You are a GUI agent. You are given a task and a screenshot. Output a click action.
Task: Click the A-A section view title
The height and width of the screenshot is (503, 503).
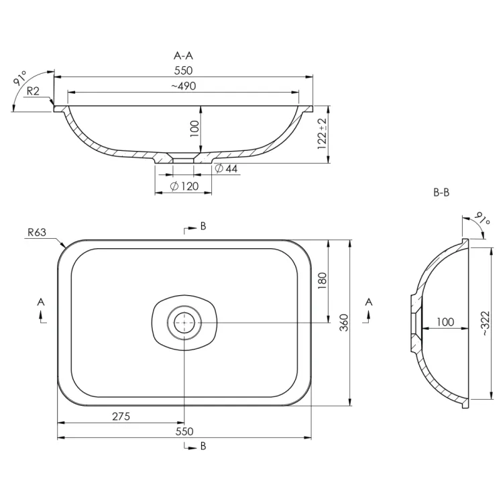[183, 56]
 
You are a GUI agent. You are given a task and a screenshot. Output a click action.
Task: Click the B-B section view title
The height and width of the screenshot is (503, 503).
[441, 192]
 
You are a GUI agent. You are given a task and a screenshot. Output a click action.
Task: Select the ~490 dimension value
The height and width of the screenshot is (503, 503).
[183, 86]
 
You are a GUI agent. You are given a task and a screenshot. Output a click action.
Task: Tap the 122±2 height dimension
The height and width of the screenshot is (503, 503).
[322, 133]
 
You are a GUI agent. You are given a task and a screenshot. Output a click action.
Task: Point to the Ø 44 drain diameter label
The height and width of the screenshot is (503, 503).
[226, 168]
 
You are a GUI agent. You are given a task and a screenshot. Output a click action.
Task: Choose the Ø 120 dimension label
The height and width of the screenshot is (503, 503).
[184, 186]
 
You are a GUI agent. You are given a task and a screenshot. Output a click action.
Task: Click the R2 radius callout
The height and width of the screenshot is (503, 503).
[33, 91]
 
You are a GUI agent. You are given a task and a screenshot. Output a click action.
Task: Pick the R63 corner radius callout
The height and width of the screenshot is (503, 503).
[37, 232]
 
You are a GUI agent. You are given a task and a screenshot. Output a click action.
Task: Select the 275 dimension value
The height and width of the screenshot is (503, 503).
[121, 416]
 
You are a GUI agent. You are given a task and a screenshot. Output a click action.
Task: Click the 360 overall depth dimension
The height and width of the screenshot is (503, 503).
[344, 323]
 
